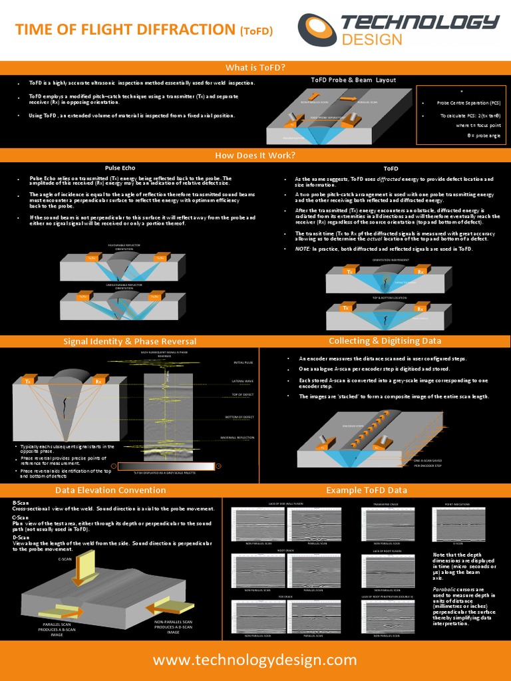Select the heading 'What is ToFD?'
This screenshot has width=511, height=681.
coord(255,68)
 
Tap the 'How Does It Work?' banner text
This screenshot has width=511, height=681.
coord(255,156)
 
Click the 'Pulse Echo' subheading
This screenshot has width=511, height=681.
coord(120,168)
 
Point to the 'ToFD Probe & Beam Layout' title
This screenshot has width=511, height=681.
coord(353,80)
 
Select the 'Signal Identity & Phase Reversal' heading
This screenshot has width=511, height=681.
coord(130,341)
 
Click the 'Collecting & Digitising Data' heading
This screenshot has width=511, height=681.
coord(385,340)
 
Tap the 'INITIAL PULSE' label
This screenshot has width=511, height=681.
coord(243,362)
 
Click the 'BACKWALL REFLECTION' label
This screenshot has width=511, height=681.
coord(237,438)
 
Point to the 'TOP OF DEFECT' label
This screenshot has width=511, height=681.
coord(243,395)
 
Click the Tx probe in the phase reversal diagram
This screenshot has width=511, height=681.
coord(28,381)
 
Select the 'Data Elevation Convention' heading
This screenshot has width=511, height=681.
coord(110,490)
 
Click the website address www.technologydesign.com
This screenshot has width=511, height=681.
coord(255,660)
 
